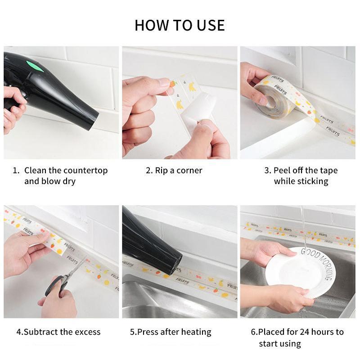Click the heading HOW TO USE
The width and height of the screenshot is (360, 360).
[180, 25]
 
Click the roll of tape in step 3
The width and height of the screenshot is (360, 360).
[272, 97]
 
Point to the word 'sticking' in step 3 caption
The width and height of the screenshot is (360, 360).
[312, 181]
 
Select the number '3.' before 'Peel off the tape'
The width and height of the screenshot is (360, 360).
[268, 171]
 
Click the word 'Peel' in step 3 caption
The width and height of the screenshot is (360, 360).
[283, 171]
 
